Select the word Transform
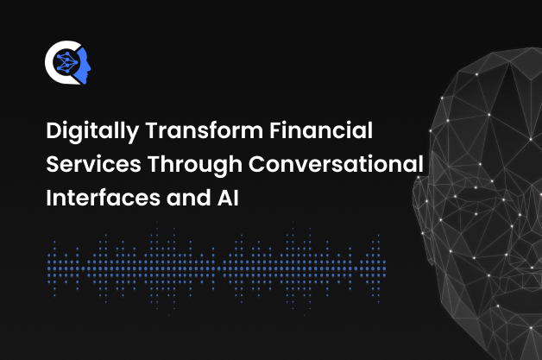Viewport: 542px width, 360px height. point(205,130)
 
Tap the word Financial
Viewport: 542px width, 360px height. point(321,130)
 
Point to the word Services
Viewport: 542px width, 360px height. point(93,164)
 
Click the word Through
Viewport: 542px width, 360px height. point(194,165)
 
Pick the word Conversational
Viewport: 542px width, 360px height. point(336,164)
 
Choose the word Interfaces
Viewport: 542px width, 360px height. point(103,198)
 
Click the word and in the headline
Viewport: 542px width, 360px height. point(189,198)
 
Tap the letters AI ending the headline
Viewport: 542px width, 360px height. point(228,199)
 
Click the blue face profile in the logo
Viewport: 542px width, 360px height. point(84,66)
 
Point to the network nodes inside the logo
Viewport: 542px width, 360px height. point(66,62)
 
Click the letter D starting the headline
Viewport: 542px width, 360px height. point(54,130)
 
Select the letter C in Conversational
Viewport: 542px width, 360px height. point(257,164)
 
